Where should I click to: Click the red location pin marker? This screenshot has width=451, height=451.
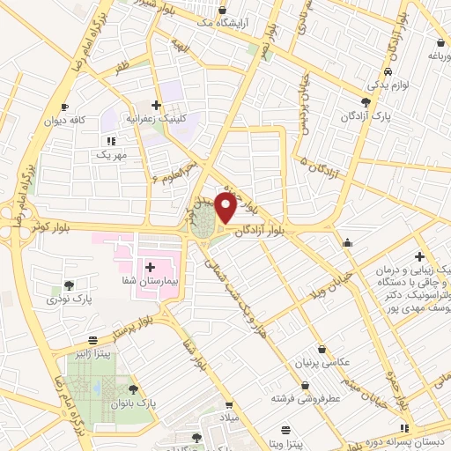coord(225,209)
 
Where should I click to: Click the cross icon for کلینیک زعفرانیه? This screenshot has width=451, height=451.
coord(156,105)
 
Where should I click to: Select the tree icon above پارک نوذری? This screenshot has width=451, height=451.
coord(70,285)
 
